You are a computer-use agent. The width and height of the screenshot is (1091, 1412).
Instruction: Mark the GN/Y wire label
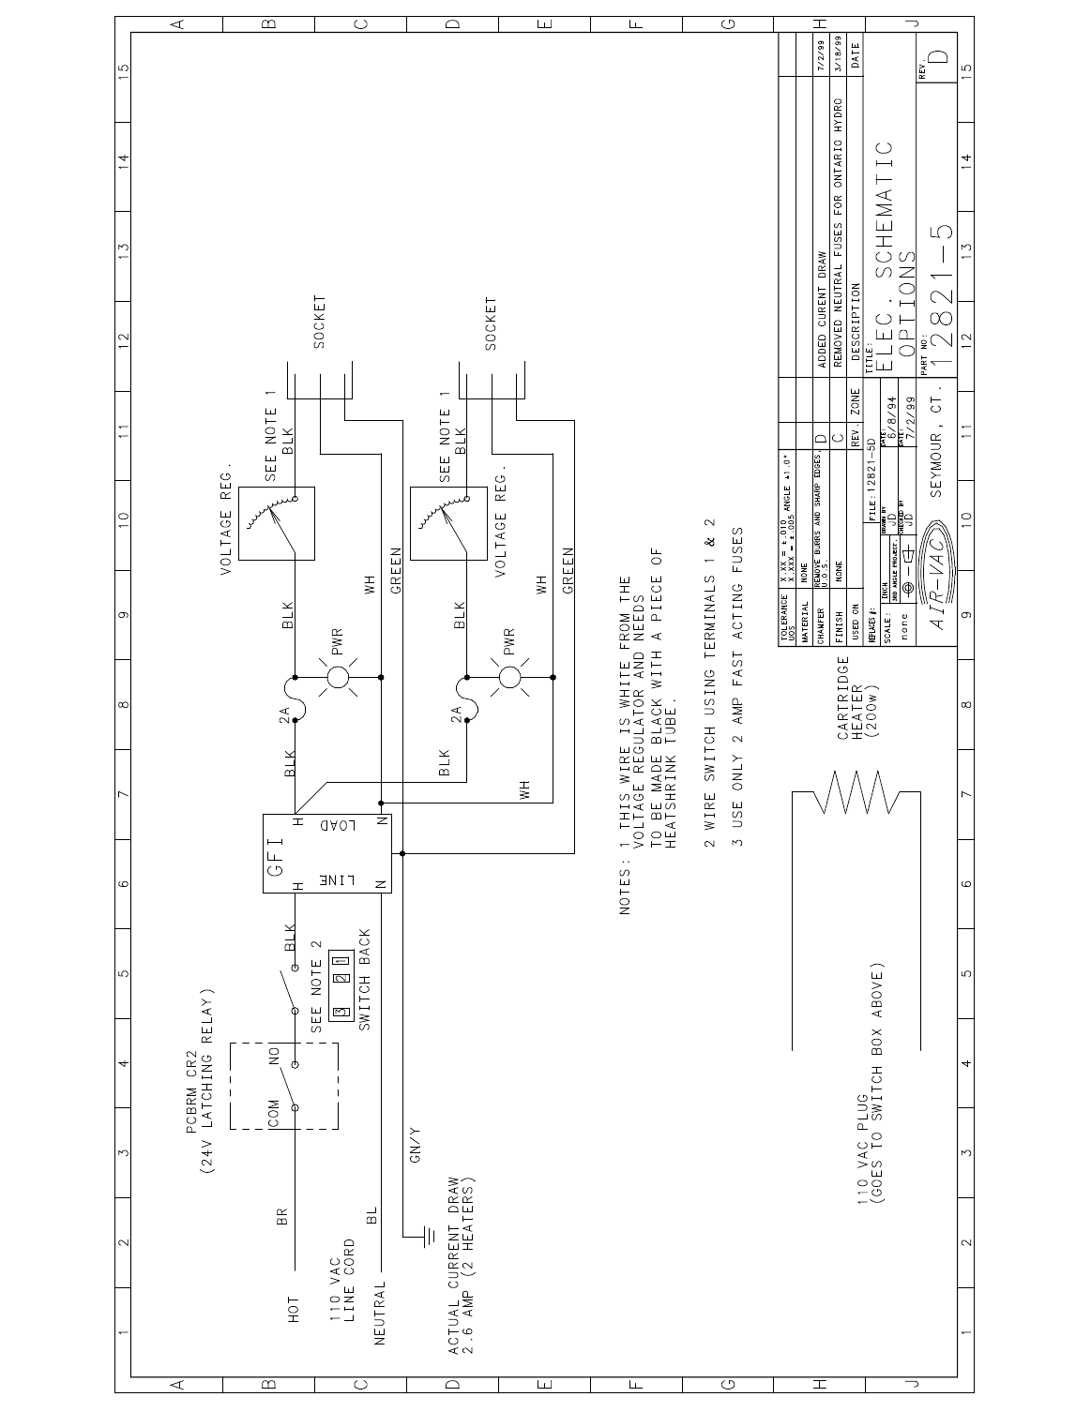415,1157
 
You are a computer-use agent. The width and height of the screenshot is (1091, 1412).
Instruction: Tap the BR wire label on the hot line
281,1214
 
